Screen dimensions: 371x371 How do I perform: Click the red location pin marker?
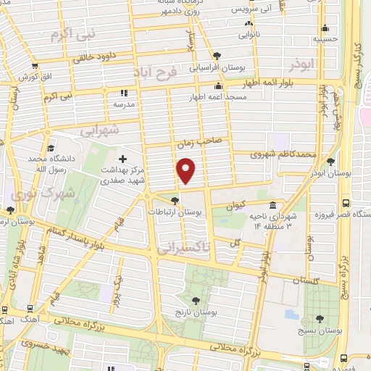pyautogui.click(x=186, y=170)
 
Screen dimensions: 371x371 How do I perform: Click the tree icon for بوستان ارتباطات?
pyautogui.click(x=174, y=201)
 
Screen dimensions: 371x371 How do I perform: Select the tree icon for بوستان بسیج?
pyautogui.click(x=320, y=318)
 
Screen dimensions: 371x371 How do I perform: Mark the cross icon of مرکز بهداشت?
pyautogui.click(x=122, y=159)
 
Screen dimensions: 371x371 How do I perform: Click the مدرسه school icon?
pyautogui.click(x=123, y=93)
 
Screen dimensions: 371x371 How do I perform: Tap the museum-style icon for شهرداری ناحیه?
pyautogui.click(x=272, y=204)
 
